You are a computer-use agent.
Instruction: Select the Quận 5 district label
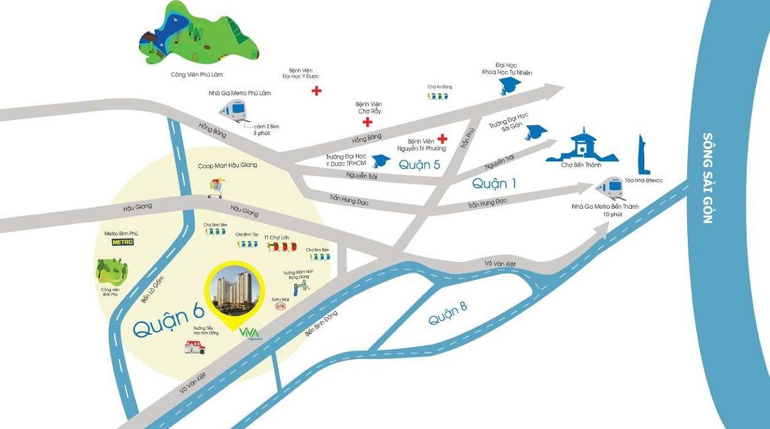[x=420, y=164]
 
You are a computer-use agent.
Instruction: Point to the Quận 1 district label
[x=493, y=184]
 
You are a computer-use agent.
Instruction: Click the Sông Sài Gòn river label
[x=708, y=178]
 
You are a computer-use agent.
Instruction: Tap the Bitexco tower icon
[x=642, y=156]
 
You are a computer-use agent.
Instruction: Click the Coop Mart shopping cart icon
[x=216, y=188]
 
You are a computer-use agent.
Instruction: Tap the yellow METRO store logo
[x=121, y=242]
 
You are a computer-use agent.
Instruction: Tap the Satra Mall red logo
[x=279, y=307]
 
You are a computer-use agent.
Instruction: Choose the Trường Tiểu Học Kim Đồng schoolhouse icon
[x=196, y=347]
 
